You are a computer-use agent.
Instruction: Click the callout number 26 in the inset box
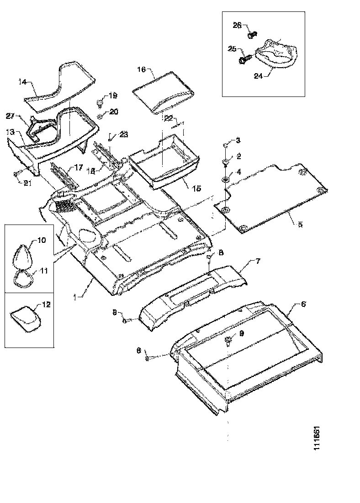pos(237,26)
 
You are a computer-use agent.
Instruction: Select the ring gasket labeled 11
pos(22,278)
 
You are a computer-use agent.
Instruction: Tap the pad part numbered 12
pos(26,317)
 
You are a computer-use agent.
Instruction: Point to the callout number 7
pos(258,261)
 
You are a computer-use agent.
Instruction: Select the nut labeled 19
pos(100,102)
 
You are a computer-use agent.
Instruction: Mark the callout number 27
pos(11,116)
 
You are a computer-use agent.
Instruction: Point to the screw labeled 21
pos(17,173)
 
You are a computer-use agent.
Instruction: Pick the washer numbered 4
pos(226,178)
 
